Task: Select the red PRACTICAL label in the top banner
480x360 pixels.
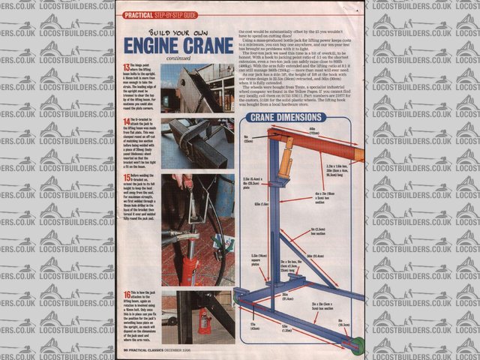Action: pyautogui.click(x=137, y=14)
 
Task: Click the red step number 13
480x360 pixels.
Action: pyautogui.click(x=125, y=67)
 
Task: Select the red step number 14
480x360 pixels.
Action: pyautogui.click(x=125, y=119)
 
